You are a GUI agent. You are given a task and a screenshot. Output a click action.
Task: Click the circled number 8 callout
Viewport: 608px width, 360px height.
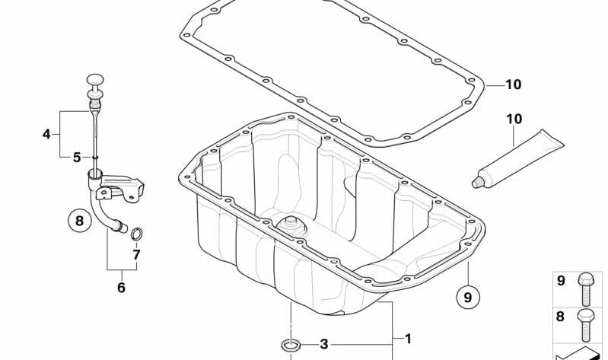click(79, 221)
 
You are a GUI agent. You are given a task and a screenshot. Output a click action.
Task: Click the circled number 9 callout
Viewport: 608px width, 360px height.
click(468, 297)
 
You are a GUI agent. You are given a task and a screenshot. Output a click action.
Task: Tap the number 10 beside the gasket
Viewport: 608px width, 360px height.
click(514, 84)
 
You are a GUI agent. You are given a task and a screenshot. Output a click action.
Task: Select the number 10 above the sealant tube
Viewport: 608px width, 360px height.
click(514, 119)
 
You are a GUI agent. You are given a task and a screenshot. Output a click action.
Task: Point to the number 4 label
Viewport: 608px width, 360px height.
click(46, 134)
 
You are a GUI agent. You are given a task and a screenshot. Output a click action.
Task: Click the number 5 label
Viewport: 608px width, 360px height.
click(77, 158)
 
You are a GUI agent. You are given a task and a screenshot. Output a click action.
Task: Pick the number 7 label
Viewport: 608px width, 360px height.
click(136, 255)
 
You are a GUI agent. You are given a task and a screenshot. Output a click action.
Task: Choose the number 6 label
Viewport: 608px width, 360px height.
click(121, 288)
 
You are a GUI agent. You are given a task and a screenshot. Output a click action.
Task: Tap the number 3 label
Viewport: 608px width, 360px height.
click(323, 344)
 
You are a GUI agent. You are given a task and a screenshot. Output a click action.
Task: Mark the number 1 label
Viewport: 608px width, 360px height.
click(408, 339)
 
